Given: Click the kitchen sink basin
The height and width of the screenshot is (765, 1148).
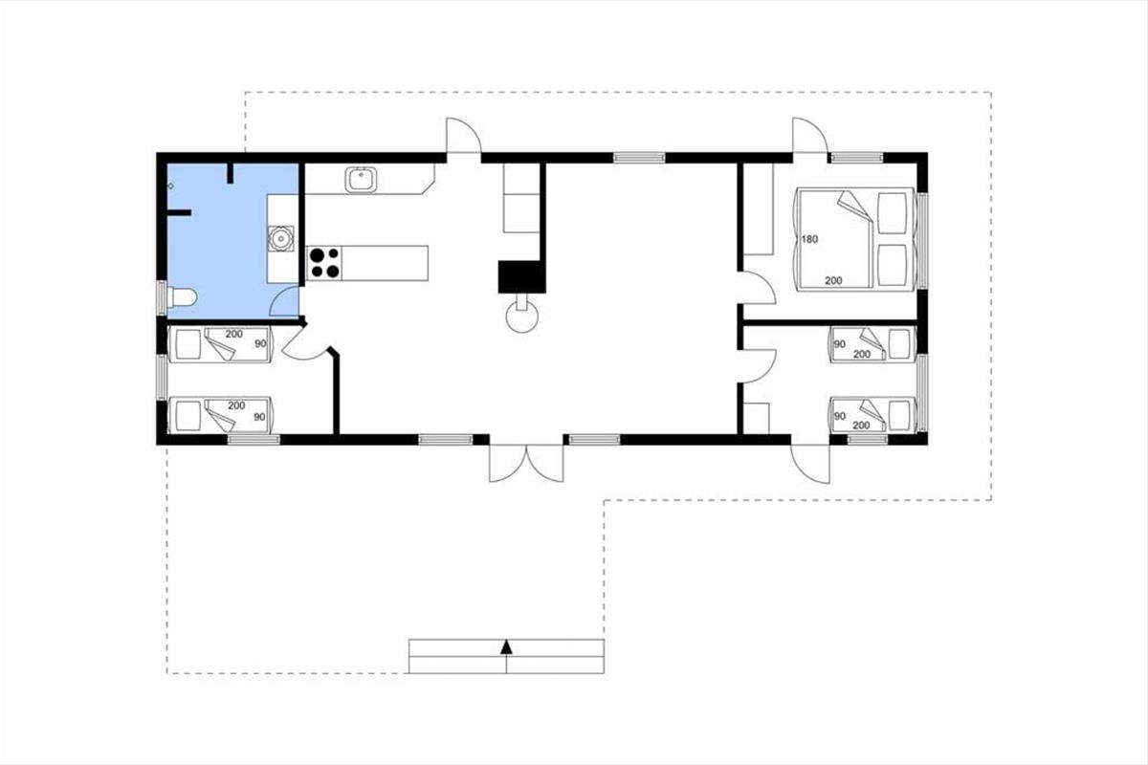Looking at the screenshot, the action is tap(362, 180).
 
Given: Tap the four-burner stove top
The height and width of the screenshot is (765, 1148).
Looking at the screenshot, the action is tap(324, 263).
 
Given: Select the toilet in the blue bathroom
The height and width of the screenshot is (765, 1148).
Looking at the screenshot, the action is tap(182, 297).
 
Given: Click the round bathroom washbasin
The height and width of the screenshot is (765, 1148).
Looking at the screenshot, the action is tap(281, 238).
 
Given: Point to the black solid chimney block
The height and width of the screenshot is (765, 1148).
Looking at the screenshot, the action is tap(521, 276).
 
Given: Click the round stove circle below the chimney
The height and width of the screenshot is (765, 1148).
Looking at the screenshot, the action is tap(522, 317).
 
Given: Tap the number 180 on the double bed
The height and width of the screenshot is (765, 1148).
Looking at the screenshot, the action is tap(809, 239).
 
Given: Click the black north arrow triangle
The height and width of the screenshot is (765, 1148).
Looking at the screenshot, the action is tap(506, 647).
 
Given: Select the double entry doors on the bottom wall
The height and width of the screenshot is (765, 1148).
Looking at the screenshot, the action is tap(526, 463).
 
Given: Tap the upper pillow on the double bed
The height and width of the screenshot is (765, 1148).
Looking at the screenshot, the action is tap(893, 213).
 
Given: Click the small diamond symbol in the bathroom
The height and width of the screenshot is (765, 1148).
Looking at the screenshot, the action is tap(170, 186).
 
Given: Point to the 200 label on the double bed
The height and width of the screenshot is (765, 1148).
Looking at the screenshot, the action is tap(833, 281).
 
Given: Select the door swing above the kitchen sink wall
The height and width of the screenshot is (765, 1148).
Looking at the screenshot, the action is tap(464, 135).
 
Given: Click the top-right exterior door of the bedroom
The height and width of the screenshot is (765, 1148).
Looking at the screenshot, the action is tap(809, 135).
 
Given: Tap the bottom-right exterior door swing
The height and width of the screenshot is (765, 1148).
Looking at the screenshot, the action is tap(810, 463).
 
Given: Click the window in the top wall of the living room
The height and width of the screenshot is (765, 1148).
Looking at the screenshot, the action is tap(639, 158).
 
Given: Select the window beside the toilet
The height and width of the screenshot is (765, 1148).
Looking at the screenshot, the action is tap(162, 297).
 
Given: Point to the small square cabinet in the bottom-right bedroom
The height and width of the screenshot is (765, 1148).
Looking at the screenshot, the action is tap(757, 418).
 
